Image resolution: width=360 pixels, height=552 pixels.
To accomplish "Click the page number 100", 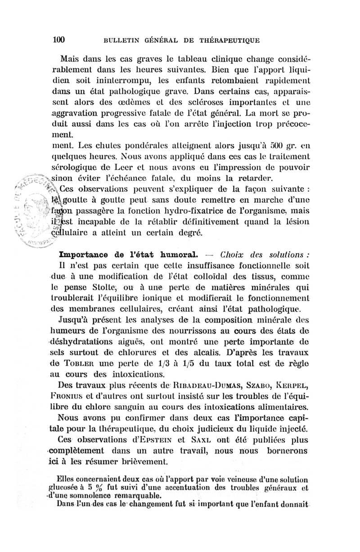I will point(59,39).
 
